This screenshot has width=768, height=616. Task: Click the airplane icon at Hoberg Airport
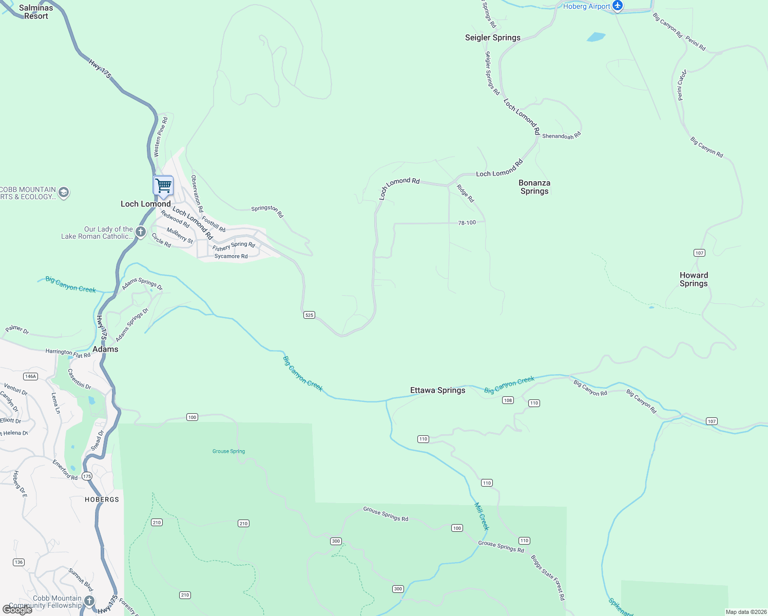pos(618,6)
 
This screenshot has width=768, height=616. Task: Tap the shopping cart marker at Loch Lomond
pos(163,185)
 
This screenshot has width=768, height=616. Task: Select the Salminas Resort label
pos(36,12)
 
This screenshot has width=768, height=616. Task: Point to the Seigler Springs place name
pos(492,37)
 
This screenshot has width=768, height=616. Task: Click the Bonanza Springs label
pos(534,187)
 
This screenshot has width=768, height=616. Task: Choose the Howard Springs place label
pos(694,279)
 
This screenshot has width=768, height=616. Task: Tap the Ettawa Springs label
pos(437,390)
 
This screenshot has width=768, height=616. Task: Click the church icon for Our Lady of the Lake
pos(141,233)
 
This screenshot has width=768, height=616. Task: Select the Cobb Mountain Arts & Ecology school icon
pos(64,192)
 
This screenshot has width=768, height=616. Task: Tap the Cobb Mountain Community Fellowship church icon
pos(89,601)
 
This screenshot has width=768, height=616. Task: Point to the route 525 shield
pos(309,315)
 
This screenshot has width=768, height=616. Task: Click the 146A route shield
pos(31,376)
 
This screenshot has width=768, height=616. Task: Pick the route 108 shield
pos(508,400)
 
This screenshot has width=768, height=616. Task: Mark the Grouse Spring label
pos(228,451)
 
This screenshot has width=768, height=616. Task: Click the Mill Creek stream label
pos(482,516)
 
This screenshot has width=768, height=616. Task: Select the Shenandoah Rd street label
pos(561,136)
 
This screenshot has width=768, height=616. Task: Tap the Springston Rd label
pos(267,210)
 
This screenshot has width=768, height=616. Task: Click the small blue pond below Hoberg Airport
pos(596,37)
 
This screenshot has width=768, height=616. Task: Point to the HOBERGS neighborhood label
pos(102,499)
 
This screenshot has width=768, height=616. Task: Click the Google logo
pos(17,610)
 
